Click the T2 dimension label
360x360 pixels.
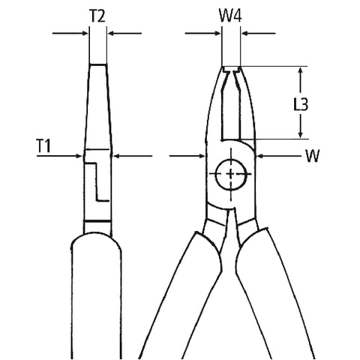97,16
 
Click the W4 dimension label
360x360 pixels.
230,16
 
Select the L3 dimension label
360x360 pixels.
301,103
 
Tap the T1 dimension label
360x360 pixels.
43,145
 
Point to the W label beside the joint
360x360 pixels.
313,156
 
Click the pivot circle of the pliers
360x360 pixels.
230,173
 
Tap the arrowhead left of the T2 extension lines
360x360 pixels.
85,33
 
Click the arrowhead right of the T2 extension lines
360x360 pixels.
110,33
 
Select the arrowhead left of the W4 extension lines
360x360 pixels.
218,33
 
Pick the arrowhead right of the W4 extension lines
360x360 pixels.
244,33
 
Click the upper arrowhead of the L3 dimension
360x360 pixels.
301,70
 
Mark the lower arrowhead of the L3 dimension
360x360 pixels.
301,134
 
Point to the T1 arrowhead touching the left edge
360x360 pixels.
79,156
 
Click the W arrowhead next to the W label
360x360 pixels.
260,156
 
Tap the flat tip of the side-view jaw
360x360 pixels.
98,64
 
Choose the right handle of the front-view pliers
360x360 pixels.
275,295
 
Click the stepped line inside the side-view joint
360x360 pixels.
97,181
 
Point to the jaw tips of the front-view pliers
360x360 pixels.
231,70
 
